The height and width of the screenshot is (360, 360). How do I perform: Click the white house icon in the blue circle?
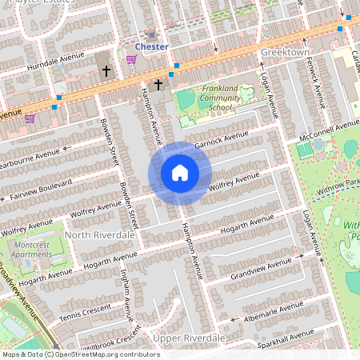(x=180, y=173)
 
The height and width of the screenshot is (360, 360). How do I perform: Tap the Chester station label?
(x=151, y=46)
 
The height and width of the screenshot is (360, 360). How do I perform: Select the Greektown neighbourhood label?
(x=284, y=51)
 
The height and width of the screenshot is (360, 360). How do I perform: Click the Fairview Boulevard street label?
(x=36, y=187)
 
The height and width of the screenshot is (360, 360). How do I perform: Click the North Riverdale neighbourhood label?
(x=100, y=235)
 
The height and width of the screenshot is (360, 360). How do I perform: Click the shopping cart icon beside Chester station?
(x=131, y=59)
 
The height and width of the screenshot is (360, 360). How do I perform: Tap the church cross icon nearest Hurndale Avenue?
(x=106, y=71)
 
